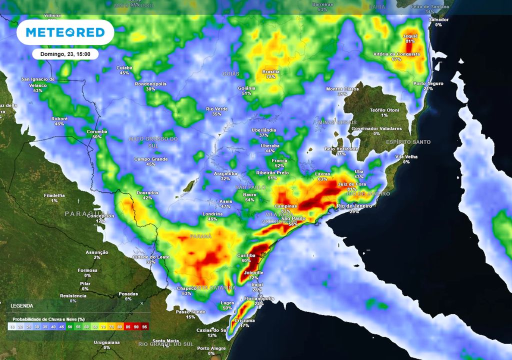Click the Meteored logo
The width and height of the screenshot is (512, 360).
[65, 32]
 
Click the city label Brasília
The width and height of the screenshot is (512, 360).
[271, 71]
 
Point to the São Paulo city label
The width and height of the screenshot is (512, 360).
[293, 219]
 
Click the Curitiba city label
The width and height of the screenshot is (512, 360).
[245, 255]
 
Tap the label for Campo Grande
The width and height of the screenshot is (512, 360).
[151, 159]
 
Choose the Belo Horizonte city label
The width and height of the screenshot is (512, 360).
[341, 149]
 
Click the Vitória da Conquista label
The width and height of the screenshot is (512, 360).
[396, 54]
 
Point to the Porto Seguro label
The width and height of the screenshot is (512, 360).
[428, 83]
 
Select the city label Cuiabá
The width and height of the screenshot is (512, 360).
[124, 67]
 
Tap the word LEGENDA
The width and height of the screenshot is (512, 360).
[22, 305]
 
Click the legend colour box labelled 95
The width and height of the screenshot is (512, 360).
[145, 326]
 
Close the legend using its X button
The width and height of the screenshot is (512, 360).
[141, 303]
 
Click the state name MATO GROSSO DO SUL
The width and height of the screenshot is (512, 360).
[153, 142]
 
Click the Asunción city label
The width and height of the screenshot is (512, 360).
[96, 252]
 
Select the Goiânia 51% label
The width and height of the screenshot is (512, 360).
[246, 88]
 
